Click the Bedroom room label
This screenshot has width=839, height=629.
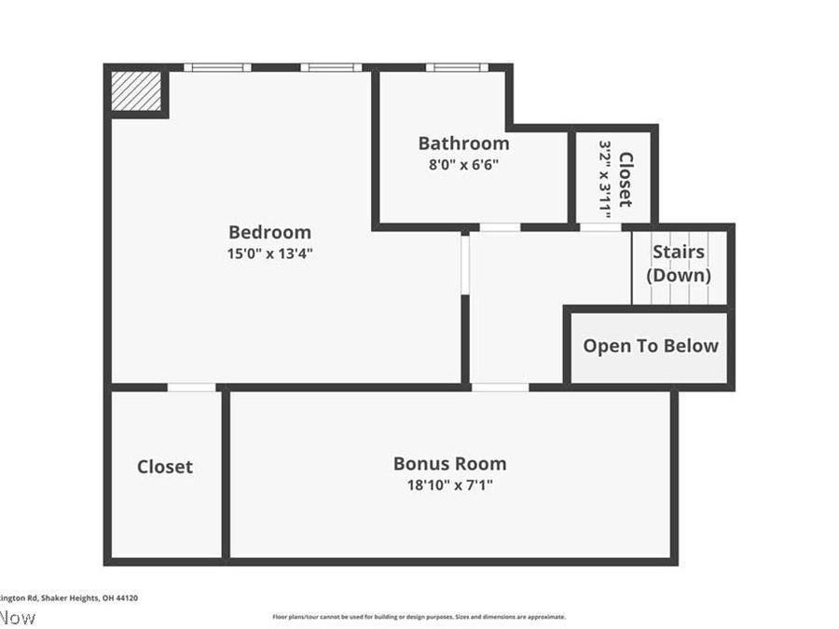pyautogui.click(x=269, y=232)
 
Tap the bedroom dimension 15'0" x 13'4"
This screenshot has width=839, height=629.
pyautogui.click(x=269, y=253)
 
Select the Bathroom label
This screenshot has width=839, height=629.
pyautogui.click(x=463, y=144)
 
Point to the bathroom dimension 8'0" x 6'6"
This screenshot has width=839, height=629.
pyautogui.click(x=463, y=164)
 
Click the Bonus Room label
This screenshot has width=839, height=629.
pyautogui.click(x=449, y=463)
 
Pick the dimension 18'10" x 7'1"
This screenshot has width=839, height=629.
pyautogui.click(x=449, y=485)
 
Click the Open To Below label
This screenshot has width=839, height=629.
pyautogui.click(x=651, y=346)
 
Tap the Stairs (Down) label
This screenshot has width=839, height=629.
pyautogui.click(x=678, y=264)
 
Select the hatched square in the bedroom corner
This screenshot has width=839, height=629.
pyautogui.click(x=136, y=91)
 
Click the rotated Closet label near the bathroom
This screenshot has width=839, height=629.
pyautogui.click(x=626, y=179)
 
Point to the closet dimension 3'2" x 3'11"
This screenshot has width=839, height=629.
pyautogui.click(x=606, y=179)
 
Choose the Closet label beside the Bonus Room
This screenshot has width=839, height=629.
pyautogui.click(x=165, y=467)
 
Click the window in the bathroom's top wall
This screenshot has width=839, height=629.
pyautogui.click(x=457, y=67)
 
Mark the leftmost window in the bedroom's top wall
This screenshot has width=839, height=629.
pyautogui.click(x=216, y=67)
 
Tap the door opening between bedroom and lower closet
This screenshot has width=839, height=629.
pyautogui.click(x=191, y=387)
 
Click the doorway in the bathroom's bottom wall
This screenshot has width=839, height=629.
pyautogui.click(x=500, y=226)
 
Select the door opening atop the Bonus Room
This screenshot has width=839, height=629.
pyautogui.click(x=500, y=387)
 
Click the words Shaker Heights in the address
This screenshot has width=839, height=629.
pyautogui.click(x=63, y=598)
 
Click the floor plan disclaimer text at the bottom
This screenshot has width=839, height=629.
pyautogui.click(x=419, y=617)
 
